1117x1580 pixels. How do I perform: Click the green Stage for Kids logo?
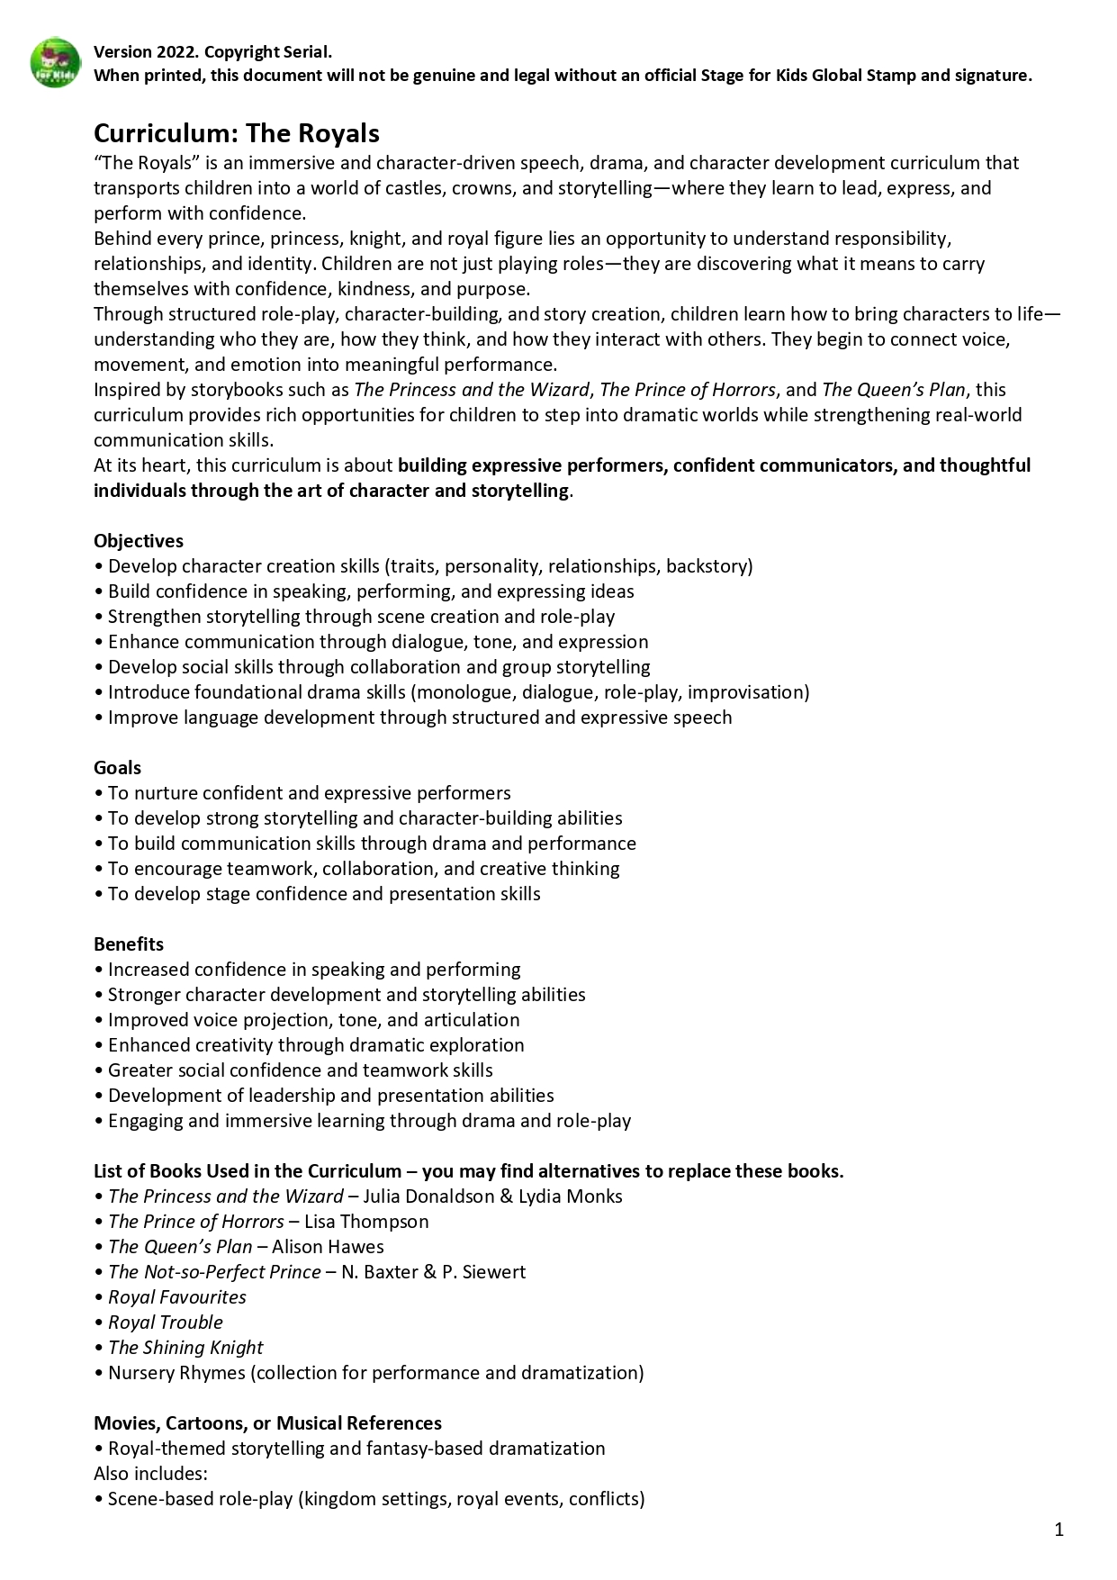[56, 63]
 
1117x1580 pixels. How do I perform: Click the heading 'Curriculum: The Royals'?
[237, 133]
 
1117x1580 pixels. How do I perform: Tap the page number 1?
[1059, 1529]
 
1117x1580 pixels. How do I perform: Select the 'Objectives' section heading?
[139, 541]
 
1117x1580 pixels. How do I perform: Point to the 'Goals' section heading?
[118, 768]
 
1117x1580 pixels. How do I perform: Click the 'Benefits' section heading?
[129, 944]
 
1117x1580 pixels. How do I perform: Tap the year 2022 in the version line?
[176, 52]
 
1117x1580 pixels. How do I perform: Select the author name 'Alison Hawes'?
[328, 1247]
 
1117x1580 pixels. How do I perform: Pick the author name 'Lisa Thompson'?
[366, 1222]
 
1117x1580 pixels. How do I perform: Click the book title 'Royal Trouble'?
[166, 1323]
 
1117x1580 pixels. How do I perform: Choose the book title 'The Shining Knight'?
[185, 1348]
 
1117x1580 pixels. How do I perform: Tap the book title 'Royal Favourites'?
[177, 1297]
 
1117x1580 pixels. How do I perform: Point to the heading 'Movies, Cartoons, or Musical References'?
[267, 1423]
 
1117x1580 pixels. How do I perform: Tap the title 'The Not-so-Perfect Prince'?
[214, 1272]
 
